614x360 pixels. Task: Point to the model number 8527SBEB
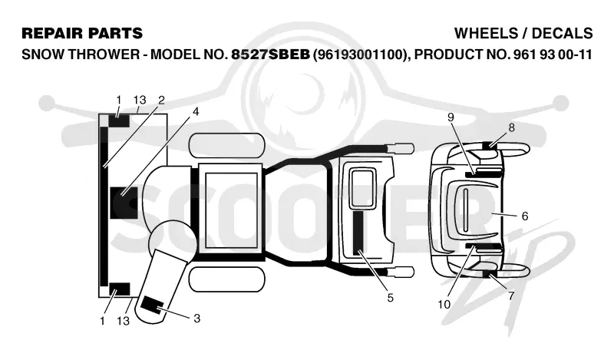(271, 54)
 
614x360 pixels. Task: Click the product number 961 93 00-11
(550, 54)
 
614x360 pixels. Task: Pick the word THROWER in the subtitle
(104, 54)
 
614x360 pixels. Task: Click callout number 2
(161, 101)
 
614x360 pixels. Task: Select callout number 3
(196, 318)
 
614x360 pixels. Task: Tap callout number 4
(196, 111)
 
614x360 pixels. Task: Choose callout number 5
(390, 298)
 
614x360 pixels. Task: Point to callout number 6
(525, 216)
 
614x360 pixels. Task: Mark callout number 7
(511, 296)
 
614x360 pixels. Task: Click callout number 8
(511, 127)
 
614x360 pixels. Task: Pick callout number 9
(451, 117)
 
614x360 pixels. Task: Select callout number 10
(444, 304)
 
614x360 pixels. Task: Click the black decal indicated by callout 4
(124, 203)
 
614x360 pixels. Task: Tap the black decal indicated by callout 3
(153, 306)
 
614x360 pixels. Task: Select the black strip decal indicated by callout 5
(358, 233)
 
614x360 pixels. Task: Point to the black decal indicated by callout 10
(484, 246)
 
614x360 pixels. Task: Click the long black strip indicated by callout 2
(104, 206)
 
